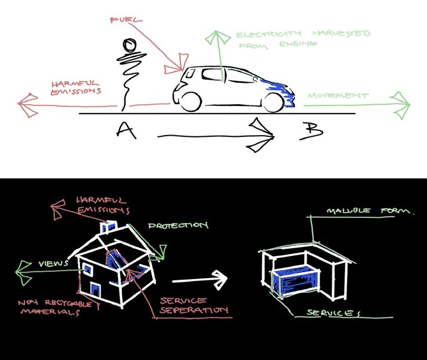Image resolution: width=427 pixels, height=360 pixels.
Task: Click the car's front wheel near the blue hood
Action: click(x=273, y=102)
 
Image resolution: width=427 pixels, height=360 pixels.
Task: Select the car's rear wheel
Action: click(x=191, y=101)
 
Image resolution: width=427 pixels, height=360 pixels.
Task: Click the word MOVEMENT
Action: click(x=338, y=95)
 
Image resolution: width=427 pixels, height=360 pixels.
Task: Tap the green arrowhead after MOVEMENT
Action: click(x=402, y=105)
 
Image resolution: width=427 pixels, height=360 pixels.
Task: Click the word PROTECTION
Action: click(x=178, y=226)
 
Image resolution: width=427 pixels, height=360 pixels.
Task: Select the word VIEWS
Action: click(x=52, y=263)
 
